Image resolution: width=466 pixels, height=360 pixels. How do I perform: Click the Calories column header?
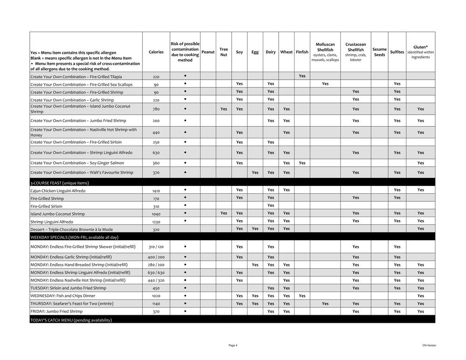point(156,52)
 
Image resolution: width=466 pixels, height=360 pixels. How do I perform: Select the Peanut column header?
point(208,52)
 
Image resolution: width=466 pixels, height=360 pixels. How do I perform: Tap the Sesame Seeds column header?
point(379,52)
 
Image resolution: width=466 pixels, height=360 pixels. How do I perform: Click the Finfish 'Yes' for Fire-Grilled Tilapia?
point(302,76)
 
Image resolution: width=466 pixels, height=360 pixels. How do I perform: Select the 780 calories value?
point(156,109)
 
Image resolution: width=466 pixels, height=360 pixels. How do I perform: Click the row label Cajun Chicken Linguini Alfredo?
point(58,190)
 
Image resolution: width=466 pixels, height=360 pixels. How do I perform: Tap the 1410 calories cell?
point(156,190)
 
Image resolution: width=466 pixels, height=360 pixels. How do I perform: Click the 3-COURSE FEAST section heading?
point(60,183)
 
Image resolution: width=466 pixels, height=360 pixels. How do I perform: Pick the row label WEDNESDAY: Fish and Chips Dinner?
point(62,296)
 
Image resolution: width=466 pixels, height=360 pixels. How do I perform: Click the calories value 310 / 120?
point(156,246)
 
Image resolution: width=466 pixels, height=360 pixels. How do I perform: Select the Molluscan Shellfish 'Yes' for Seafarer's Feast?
point(325,304)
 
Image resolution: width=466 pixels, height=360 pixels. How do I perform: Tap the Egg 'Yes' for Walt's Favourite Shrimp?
point(255,172)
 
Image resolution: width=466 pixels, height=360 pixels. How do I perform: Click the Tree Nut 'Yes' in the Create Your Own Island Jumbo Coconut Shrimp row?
point(224,109)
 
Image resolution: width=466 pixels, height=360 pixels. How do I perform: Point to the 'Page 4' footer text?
point(233,345)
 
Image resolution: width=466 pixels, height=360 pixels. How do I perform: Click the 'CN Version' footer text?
point(429,345)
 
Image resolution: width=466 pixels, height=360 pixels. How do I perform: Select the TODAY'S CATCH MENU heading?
point(71,320)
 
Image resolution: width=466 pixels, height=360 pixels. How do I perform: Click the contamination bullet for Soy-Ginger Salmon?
point(185,163)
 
